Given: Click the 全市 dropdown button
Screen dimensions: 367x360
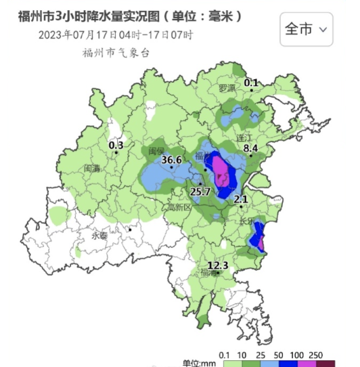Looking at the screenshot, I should click(x=307, y=29).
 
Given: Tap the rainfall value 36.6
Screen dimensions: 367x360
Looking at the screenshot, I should click(x=172, y=160).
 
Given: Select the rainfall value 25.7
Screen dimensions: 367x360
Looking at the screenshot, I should click(x=200, y=192).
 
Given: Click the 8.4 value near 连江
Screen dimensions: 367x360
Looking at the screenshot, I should click(x=251, y=148).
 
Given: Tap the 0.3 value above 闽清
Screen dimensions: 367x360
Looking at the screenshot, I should click(x=116, y=144).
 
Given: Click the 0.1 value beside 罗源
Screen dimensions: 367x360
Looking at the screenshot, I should click(x=251, y=83).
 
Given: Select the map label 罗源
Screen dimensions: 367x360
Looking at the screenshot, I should click(x=227, y=89).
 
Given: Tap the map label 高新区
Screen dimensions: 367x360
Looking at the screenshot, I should click(x=180, y=207).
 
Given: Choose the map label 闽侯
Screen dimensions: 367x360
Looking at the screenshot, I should click(x=156, y=150).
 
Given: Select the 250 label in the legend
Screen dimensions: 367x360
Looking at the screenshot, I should click(x=316, y=355).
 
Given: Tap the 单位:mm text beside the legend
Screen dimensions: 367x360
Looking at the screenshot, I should click(x=198, y=363).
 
